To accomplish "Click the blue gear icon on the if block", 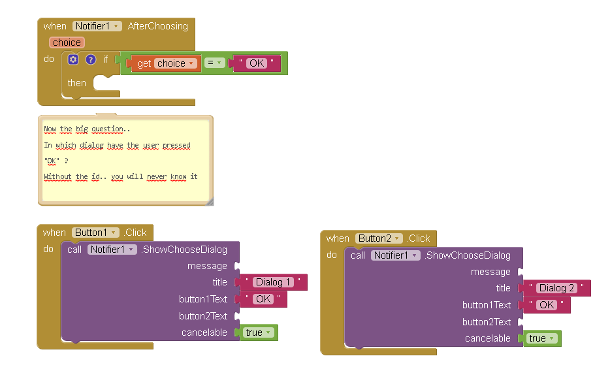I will (x=73, y=59).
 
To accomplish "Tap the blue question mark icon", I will (x=91, y=59).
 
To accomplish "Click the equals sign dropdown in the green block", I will (x=214, y=63).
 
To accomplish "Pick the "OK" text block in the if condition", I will (x=257, y=63).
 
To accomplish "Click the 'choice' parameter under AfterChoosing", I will (x=67, y=42).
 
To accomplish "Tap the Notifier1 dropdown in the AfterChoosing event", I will (x=97, y=26).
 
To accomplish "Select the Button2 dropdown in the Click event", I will (x=379, y=238).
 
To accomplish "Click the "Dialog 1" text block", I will (x=273, y=282).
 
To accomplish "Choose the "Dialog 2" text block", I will (x=556, y=288).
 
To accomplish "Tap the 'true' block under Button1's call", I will (x=258, y=332).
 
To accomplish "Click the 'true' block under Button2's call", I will (x=541, y=338).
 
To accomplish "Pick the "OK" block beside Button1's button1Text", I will (x=263, y=299).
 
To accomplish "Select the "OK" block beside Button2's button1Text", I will (x=547, y=305).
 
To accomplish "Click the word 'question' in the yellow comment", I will (x=107, y=129).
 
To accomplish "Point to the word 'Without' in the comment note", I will (x=57, y=176).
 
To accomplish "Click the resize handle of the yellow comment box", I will (x=209, y=202).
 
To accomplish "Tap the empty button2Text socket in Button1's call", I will (x=237, y=316).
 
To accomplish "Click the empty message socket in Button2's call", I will (x=521, y=272).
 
